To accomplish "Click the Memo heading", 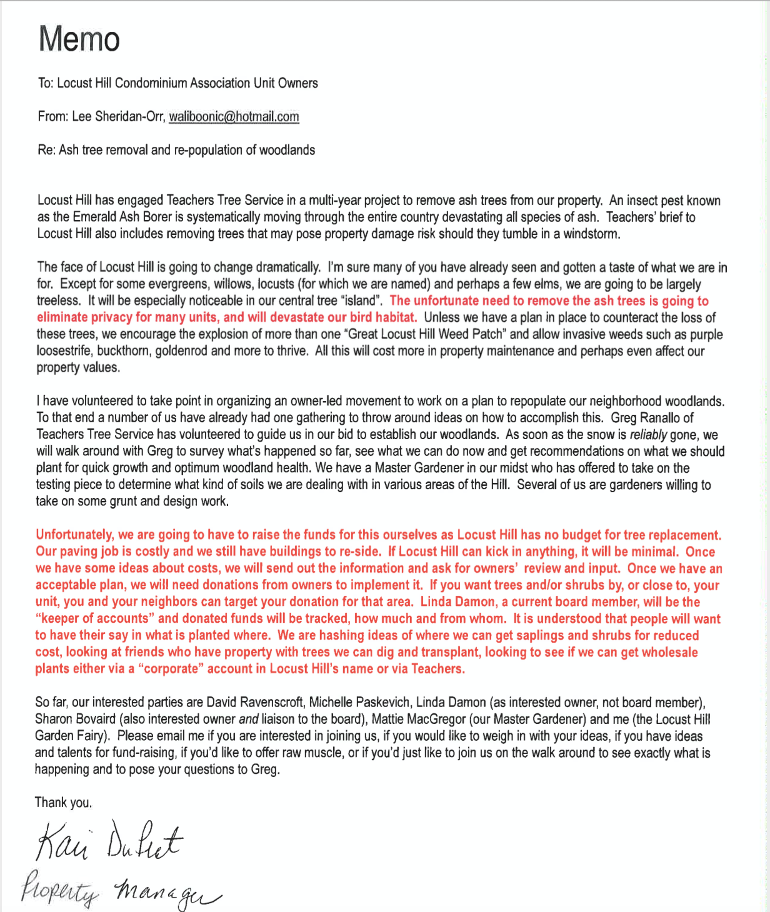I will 79,39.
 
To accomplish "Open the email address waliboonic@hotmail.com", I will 234,117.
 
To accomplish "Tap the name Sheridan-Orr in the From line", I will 129,117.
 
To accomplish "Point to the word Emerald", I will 96,217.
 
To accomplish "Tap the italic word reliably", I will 648,435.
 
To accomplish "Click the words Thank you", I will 63,803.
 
